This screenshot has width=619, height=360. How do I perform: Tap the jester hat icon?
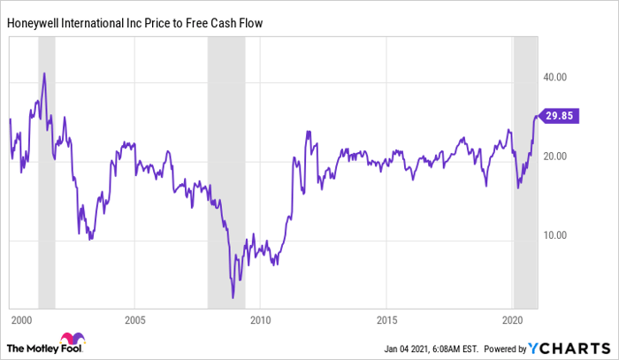pyautogui.click(x=68, y=339)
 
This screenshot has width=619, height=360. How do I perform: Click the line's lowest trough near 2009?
pyautogui.click(x=233, y=299)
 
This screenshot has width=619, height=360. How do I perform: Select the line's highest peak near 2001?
pyautogui.click(x=44, y=73)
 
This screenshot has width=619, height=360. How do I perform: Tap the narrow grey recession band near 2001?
pyautogui.click(x=46, y=177)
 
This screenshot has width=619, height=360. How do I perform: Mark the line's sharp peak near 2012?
pyautogui.click(x=307, y=132)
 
